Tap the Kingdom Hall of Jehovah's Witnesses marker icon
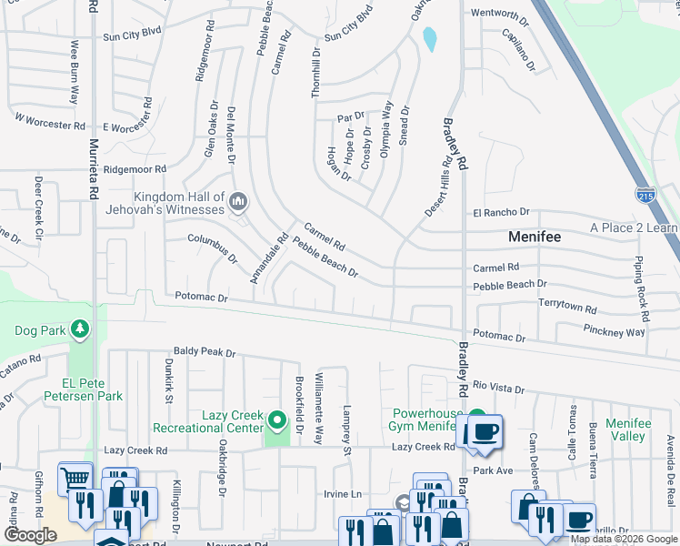click(239, 200)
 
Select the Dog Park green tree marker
click(81, 328)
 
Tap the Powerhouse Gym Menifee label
click(428, 420)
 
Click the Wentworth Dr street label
click(499, 15)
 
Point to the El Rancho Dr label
click(501, 213)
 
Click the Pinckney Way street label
click(616, 332)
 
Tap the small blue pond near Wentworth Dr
click(429, 39)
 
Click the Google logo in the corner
click(30, 534)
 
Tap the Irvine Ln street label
click(343, 494)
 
